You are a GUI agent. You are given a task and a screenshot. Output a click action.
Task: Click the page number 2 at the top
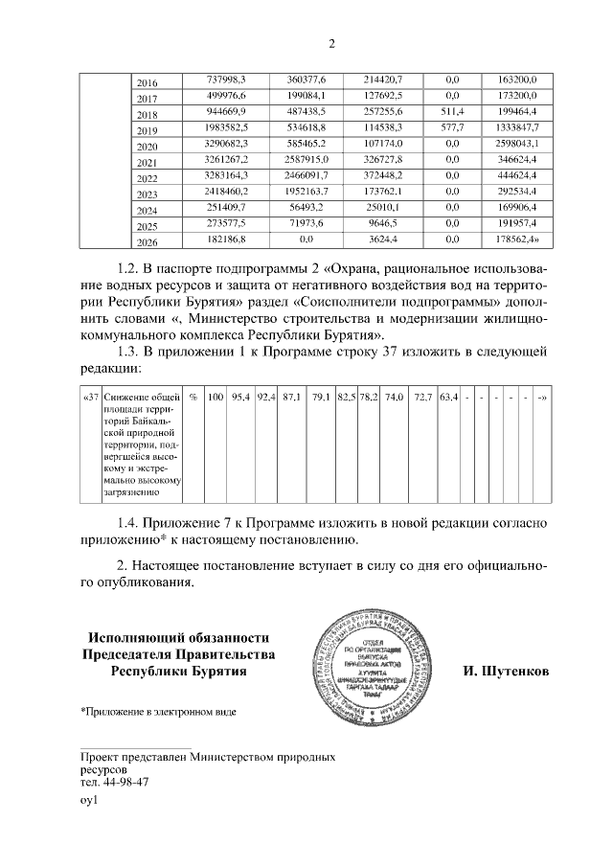(x=331, y=43)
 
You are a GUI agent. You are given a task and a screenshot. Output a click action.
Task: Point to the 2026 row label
(x=148, y=241)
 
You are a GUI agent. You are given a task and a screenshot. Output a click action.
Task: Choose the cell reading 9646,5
(x=382, y=224)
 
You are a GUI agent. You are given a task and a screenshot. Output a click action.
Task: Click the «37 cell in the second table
(x=89, y=397)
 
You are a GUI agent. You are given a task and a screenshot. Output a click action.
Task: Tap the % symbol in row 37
(x=193, y=397)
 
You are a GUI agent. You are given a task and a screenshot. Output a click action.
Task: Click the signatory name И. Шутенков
(x=499, y=672)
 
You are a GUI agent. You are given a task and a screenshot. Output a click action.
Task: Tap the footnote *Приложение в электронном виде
(x=158, y=712)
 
